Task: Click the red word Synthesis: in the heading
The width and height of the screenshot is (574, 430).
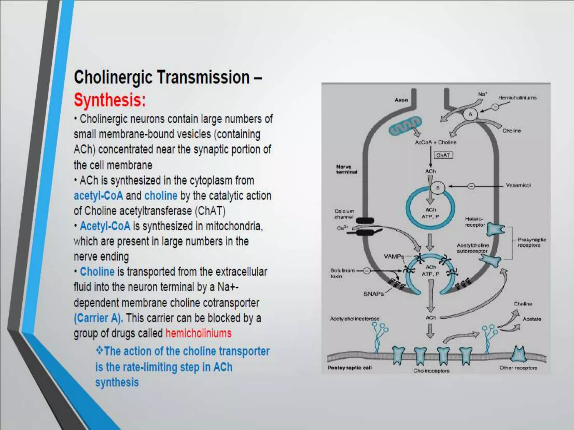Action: pos(110,100)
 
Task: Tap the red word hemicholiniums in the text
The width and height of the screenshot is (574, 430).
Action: pos(198,333)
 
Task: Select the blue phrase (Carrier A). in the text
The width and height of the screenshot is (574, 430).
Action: pos(98,318)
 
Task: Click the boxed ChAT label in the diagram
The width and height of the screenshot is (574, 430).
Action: pos(443,155)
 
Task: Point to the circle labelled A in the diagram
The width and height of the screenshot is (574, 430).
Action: pos(470,114)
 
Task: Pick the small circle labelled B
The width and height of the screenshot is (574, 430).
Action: pos(438,188)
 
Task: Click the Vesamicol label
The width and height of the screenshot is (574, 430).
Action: pos(518,185)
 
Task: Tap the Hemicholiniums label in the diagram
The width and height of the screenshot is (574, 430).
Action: pos(517,98)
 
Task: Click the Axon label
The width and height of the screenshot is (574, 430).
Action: pos(401,100)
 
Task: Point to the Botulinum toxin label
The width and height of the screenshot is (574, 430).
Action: pos(342,273)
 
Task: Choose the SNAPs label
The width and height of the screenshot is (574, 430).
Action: pos(373,294)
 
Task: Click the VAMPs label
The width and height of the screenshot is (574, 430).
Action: pos(394,256)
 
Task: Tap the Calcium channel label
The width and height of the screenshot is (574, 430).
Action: pos(344,214)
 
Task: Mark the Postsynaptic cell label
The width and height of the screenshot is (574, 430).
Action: pos(350,368)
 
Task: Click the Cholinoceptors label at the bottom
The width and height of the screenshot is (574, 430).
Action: pos(431,371)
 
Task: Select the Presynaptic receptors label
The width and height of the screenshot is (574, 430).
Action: pos(532,242)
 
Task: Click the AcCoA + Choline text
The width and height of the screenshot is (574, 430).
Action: pos(436,142)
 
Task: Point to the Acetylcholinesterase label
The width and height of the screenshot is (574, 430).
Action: pos(355,319)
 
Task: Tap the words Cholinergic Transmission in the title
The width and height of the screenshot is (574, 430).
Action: pos(162,77)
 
